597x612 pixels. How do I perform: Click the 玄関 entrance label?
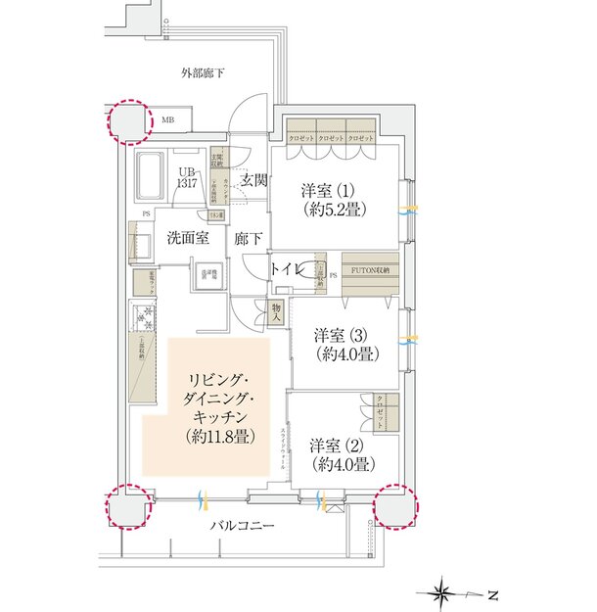253,179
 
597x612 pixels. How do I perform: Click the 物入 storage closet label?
276,313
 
